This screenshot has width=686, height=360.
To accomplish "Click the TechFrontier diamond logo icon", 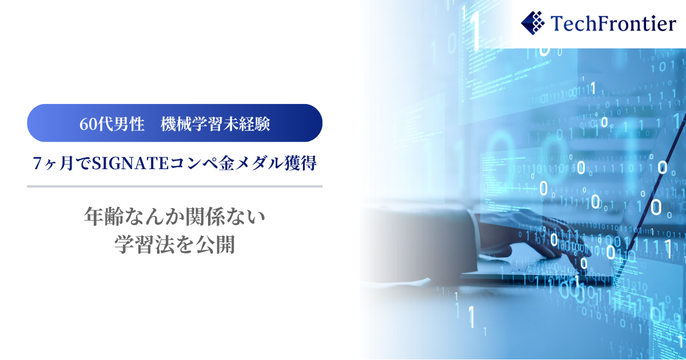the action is click(x=533, y=23).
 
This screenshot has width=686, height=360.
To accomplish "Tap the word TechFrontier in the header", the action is click(x=613, y=23).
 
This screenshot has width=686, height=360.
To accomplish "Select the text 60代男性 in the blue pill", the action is click(x=112, y=124).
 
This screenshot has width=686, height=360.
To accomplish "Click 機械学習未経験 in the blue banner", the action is click(x=216, y=124).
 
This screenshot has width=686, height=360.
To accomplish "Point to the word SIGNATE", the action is click(x=130, y=163).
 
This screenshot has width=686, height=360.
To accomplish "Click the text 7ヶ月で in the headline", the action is click(x=62, y=163).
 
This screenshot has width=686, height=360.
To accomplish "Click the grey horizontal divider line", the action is click(x=174, y=186).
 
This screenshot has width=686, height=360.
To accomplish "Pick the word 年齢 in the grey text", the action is click(x=104, y=217).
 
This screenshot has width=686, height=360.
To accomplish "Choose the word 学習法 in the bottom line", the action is click(x=145, y=245).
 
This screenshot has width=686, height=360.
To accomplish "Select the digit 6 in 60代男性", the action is click(x=83, y=125).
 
